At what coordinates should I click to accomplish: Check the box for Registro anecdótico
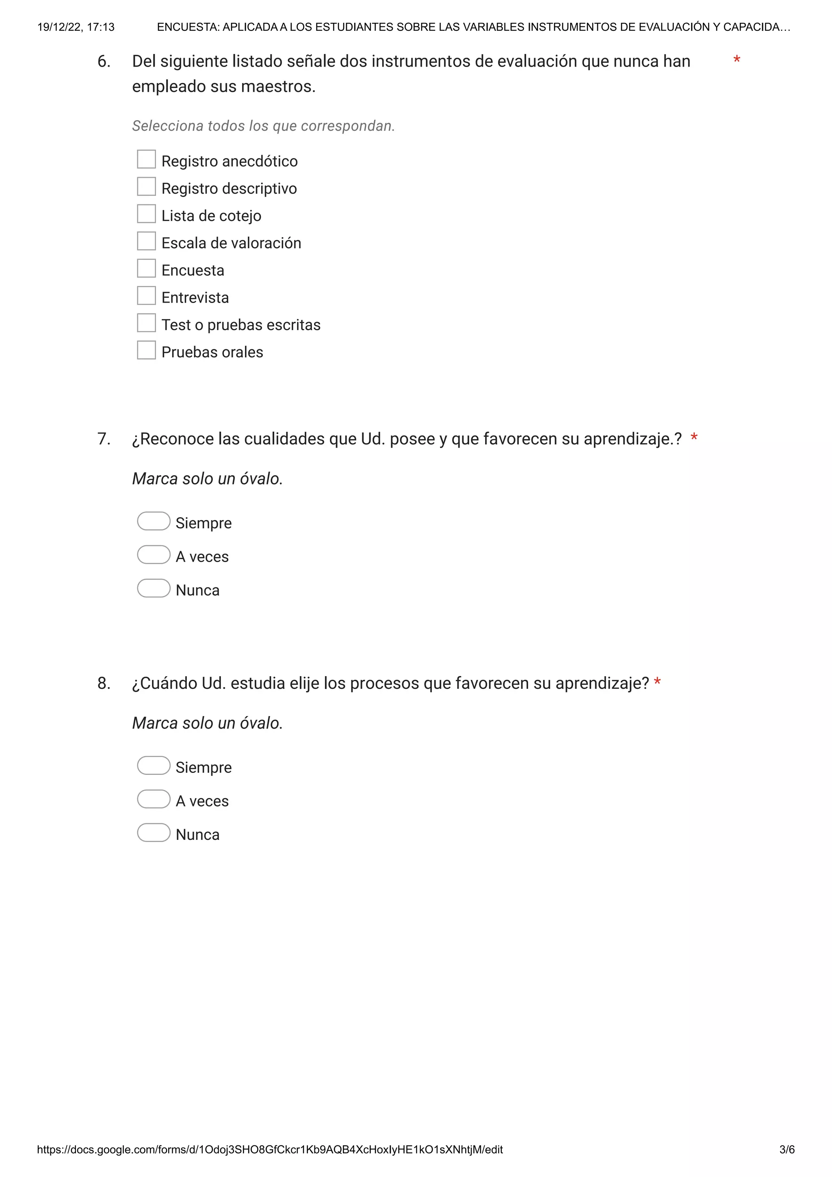point(146,160)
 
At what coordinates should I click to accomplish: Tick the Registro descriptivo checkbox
point(146,186)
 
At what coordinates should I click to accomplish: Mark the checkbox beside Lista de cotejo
point(146,214)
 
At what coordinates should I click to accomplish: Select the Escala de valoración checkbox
point(146,241)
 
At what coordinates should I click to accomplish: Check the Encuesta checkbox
point(146,268)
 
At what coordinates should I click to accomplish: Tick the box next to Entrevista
point(146,295)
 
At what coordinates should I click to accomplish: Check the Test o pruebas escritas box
point(146,323)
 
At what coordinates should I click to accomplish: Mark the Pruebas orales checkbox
point(146,350)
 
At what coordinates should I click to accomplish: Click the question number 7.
point(104,439)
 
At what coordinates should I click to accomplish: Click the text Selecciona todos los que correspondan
point(263,125)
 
